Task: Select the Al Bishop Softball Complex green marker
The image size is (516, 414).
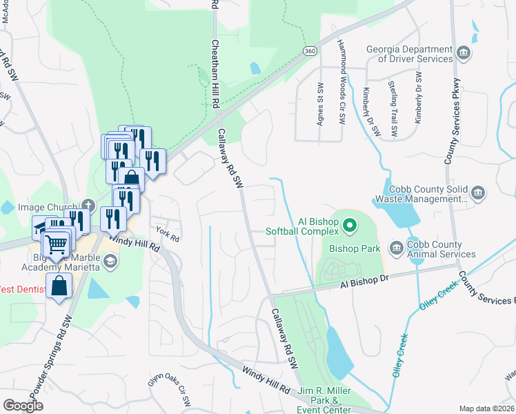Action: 350,226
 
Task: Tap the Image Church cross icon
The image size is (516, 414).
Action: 88,205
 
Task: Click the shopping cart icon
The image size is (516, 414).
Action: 57,243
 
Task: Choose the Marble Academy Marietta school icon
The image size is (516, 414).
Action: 110,262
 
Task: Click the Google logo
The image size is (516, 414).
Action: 23,405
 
